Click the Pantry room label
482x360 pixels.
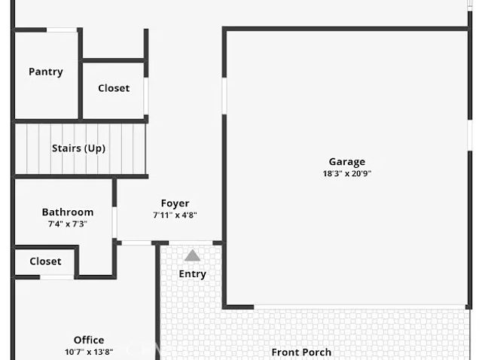[46, 72]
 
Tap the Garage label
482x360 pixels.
[346, 161]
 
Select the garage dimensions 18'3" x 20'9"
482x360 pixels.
[346, 173]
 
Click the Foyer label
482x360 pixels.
[175, 203]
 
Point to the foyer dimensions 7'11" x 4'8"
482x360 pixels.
[175, 215]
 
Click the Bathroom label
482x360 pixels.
[68, 212]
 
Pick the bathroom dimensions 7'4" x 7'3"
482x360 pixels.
[68, 224]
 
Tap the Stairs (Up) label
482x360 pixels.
[78, 148]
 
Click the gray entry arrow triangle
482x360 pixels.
[193, 255]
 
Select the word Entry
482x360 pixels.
[192, 274]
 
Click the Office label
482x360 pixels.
[89, 340]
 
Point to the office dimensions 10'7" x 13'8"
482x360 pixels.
[89, 352]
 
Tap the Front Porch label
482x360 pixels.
[301, 352]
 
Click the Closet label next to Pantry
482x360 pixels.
[114, 88]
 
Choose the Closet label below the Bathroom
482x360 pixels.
[45, 261]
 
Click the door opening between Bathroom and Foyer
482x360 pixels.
[114, 223]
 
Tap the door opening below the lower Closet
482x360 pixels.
[56, 277]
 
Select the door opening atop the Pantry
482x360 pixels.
[62, 30]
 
